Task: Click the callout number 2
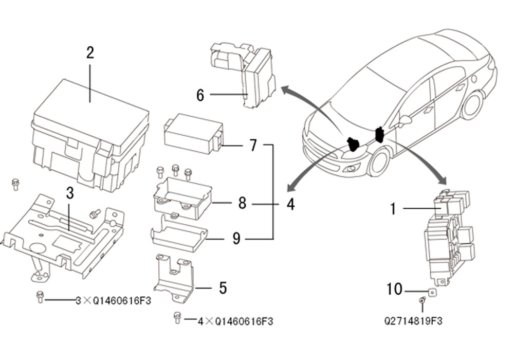click(90, 53)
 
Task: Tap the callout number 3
click(70, 193)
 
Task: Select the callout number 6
click(200, 95)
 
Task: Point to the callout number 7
click(253, 145)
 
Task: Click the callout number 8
click(242, 203)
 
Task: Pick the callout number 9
click(236, 238)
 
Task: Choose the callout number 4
click(290, 204)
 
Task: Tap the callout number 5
click(223, 288)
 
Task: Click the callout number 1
click(393, 208)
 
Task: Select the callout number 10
click(394, 289)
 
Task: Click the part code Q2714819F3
click(413, 320)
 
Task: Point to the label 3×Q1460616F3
click(114, 301)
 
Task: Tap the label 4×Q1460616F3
click(235, 321)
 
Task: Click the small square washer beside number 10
click(432, 291)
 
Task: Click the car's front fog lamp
click(352, 169)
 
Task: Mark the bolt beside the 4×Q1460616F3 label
click(177, 318)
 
